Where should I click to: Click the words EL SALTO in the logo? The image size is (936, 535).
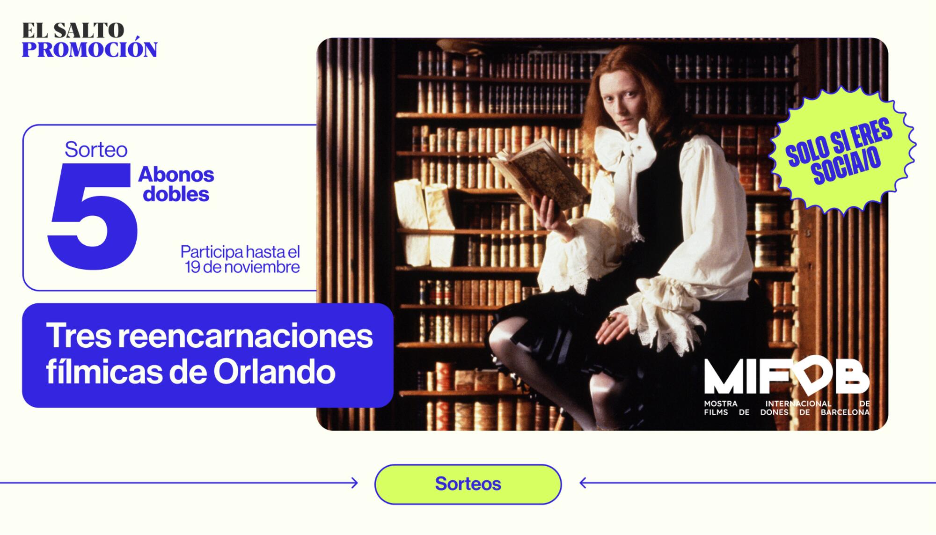(x=73, y=30)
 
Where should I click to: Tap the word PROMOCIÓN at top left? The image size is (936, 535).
(x=89, y=50)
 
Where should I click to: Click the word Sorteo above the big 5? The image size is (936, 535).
(x=96, y=149)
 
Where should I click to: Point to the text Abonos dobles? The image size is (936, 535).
(x=176, y=184)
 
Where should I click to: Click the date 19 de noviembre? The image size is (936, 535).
(x=242, y=267)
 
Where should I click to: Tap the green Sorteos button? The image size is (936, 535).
(x=468, y=484)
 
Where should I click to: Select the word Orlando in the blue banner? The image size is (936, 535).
(x=274, y=372)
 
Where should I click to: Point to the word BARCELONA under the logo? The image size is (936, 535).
(x=845, y=412)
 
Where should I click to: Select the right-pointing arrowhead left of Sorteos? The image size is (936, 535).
(x=355, y=483)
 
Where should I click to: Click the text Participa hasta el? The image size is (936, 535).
(x=240, y=252)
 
